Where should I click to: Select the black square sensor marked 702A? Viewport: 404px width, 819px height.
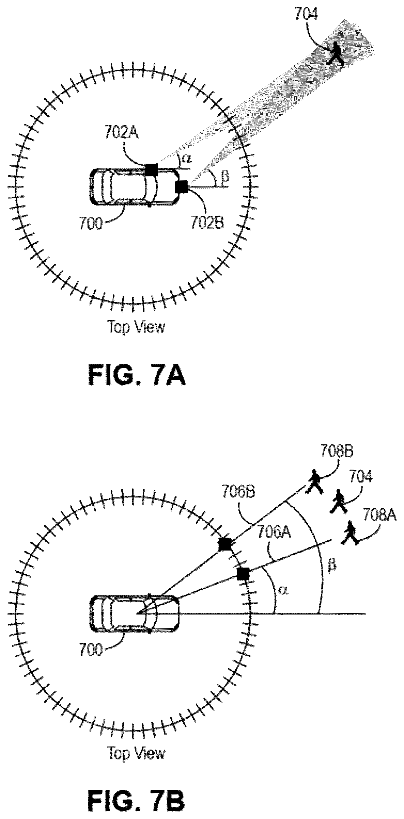[151, 169]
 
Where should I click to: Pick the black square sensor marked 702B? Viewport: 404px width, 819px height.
[182, 187]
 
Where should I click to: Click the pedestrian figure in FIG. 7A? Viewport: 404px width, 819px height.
[335, 53]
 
